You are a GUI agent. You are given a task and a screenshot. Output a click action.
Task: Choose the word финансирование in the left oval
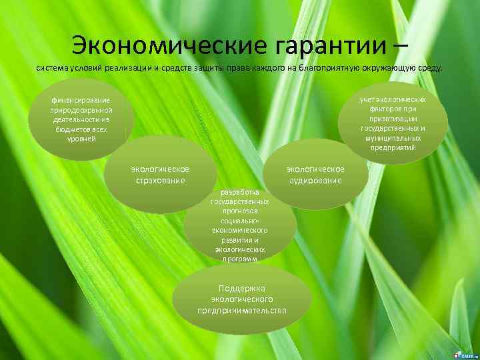(x=81, y=101)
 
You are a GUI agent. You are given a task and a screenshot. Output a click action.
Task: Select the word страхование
(x=160, y=180)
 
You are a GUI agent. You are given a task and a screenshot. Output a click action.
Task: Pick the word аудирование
(x=315, y=180)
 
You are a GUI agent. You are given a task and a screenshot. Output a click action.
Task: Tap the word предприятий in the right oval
(x=393, y=147)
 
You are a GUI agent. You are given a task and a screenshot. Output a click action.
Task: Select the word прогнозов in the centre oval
(x=239, y=210)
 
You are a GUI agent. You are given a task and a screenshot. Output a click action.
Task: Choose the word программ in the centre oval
(x=239, y=258)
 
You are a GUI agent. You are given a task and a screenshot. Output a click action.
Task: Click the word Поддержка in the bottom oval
(x=242, y=289)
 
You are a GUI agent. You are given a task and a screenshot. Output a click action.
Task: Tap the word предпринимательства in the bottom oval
(x=242, y=311)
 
